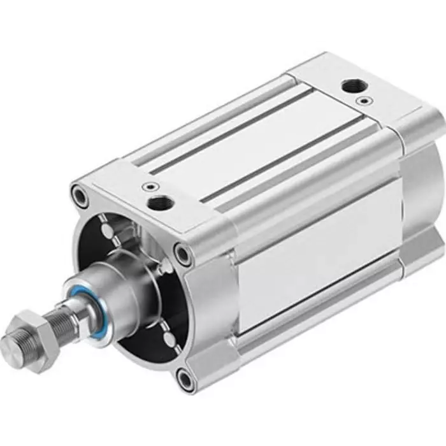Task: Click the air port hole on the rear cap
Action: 350,85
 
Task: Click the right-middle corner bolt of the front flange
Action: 183,255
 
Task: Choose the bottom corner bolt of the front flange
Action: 185,380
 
